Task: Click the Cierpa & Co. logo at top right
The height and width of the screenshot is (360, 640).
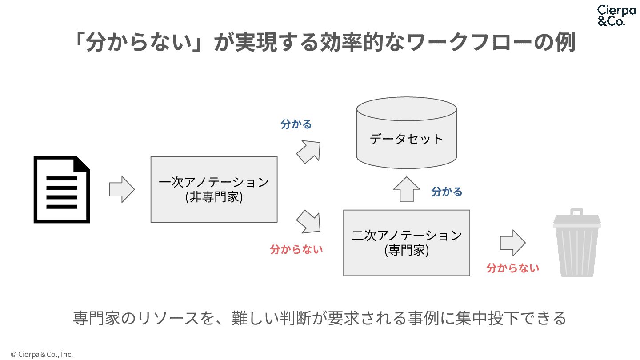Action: click(x=616, y=16)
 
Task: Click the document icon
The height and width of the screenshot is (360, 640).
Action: click(x=62, y=189)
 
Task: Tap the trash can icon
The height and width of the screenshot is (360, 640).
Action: click(x=577, y=244)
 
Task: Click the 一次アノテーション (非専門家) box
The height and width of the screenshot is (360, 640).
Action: click(x=214, y=189)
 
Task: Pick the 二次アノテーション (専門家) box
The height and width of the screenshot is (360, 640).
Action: click(x=407, y=243)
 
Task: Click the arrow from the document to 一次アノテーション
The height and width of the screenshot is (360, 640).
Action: click(x=121, y=189)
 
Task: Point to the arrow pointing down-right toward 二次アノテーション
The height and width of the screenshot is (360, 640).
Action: click(x=308, y=221)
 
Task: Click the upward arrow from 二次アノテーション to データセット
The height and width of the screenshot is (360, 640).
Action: click(x=407, y=190)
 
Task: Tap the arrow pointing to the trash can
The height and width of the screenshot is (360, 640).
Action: click(x=512, y=243)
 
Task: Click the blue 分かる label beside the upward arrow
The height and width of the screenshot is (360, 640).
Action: click(x=447, y=192)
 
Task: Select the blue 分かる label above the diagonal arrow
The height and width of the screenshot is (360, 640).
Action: click(x=296, y=124)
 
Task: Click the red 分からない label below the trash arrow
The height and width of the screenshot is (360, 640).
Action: click(x=512, y=268)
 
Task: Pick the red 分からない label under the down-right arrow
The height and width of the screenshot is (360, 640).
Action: click(x=296, y=249)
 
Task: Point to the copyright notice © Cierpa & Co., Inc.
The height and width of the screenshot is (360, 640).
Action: click(x=42, y=354)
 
